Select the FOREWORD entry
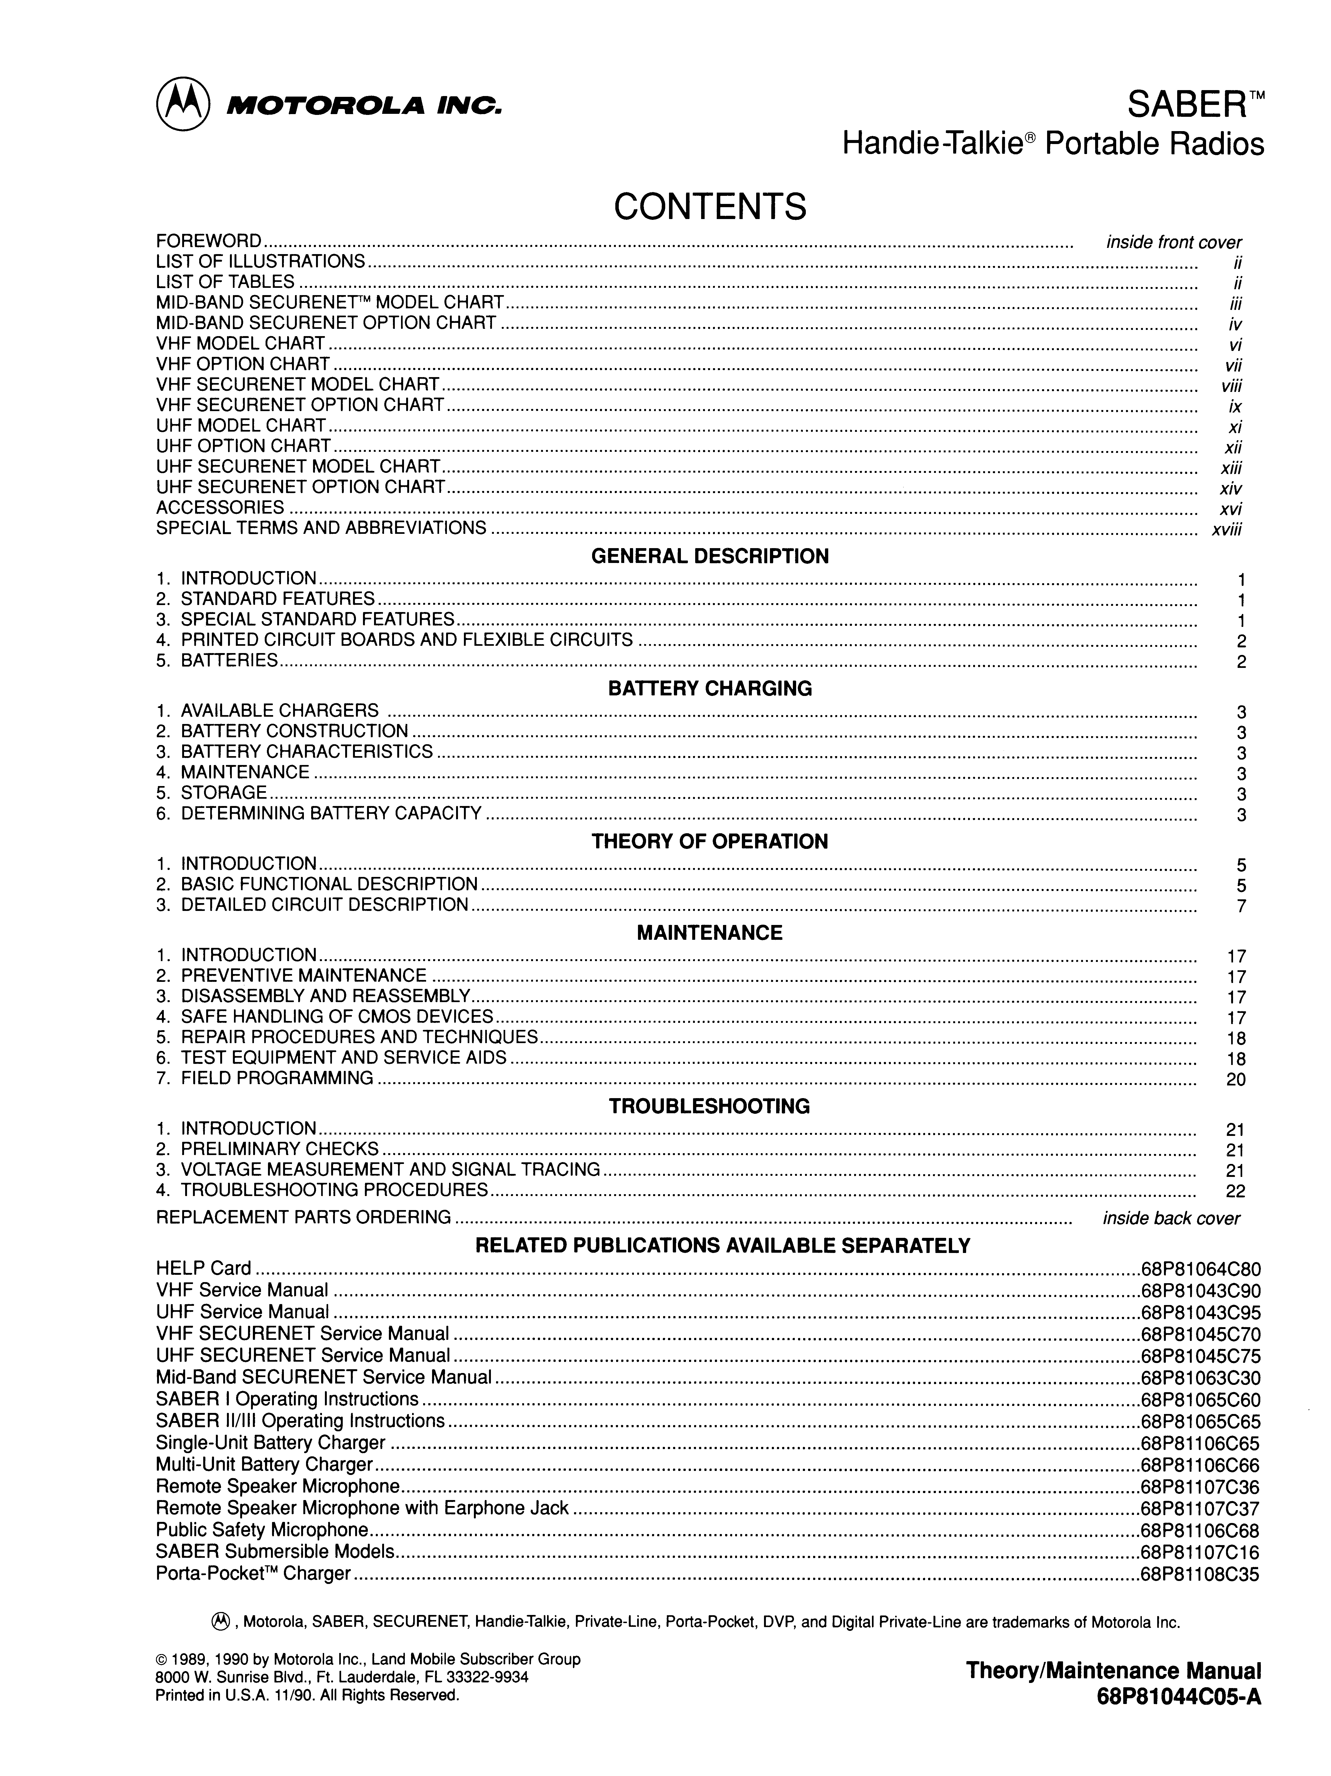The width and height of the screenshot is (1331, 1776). coord(209,241)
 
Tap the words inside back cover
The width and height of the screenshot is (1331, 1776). coord(1171,1219)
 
